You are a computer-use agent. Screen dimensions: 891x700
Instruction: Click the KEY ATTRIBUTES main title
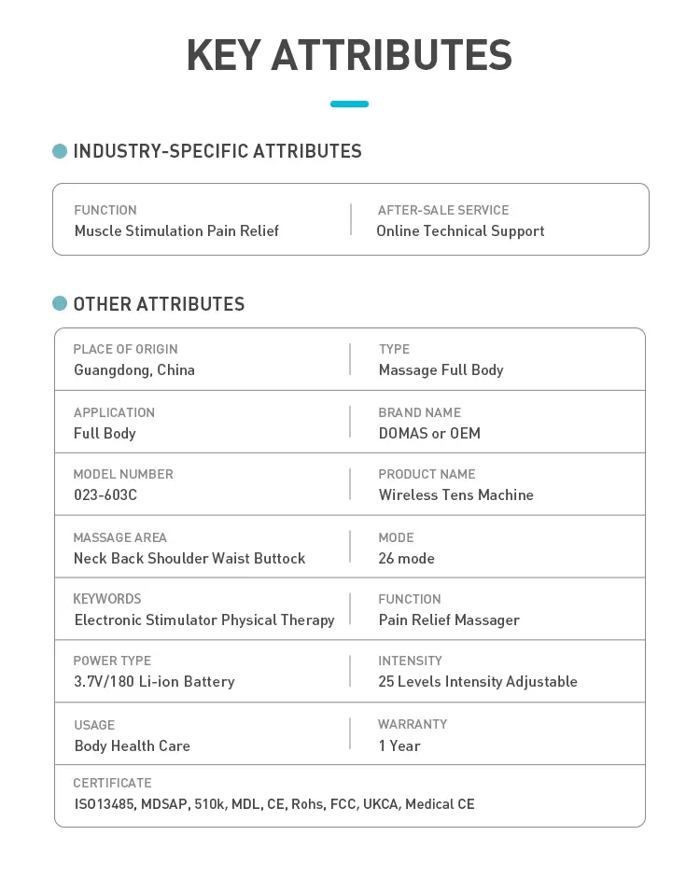coord(349,56)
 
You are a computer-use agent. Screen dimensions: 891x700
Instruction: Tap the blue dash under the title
coord(349,104)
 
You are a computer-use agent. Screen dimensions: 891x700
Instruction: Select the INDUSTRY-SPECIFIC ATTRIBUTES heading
coord(217,151)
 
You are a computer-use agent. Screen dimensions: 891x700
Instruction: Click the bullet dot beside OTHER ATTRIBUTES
coord(60,303)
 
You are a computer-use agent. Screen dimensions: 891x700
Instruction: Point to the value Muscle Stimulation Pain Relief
coord(176,230)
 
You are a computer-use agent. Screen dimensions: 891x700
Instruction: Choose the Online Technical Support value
coord(460,230)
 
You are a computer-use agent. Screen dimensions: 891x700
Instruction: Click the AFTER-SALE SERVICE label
coord(443,210)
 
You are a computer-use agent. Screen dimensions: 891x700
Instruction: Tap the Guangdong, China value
coord(134,369)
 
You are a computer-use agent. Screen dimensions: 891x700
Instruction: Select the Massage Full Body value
coord(441,369)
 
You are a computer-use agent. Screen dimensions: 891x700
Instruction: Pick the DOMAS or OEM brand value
coord(429,433)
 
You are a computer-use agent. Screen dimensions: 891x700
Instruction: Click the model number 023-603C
coord(105,494)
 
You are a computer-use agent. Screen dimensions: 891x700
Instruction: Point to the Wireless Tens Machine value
coord(455,494)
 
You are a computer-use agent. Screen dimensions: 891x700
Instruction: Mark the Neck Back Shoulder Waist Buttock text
coord(189,558)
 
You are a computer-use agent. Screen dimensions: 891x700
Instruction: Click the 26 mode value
coord(406,558)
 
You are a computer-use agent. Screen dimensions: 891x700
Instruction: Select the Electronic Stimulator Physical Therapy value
coord(203,620)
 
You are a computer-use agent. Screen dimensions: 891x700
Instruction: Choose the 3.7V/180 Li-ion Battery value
coord(154,681)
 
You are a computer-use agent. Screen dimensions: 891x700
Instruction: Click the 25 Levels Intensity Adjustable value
coord(478,681)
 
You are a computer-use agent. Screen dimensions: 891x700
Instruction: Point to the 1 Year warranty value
coord(399,745)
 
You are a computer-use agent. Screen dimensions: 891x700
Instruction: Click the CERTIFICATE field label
coord(112,783)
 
